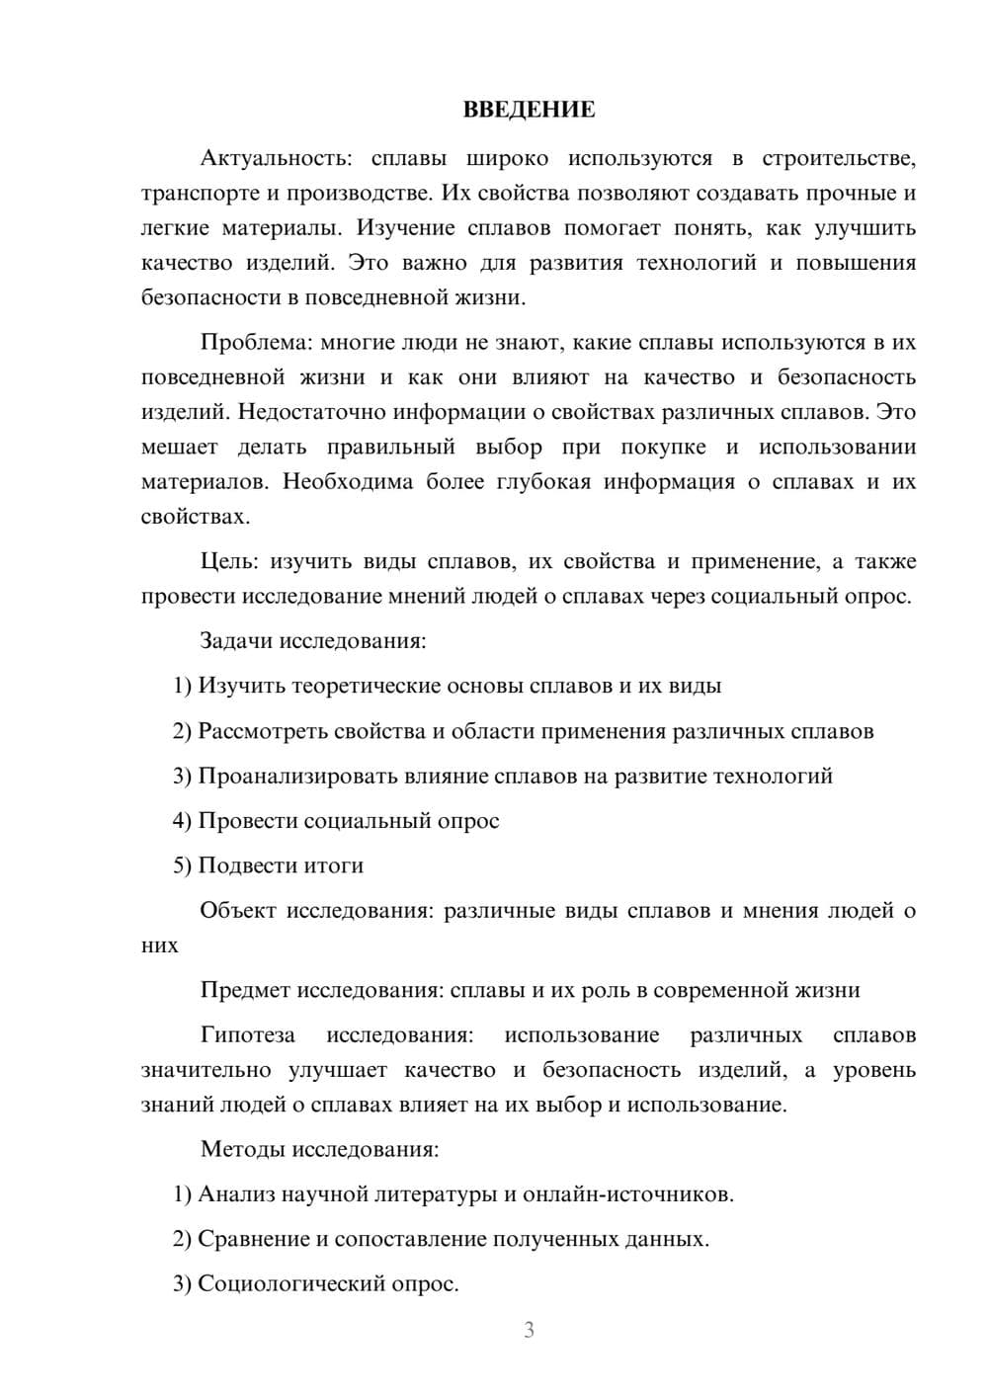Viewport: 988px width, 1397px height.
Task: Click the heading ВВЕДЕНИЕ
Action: pyautogui.click(x=529, y=110)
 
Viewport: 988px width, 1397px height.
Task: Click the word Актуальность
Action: pyautogui.click(x=265, y=158)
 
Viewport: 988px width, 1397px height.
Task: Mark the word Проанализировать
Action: pyautogui.click(x=298, y=777)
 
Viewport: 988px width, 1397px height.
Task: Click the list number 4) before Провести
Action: pyautogui.click(x=182, y=821)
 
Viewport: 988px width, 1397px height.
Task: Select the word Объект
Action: pyautogui.click(x=238, y=911)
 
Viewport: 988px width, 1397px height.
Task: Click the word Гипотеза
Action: pyautogui.click(x=247, y=1035)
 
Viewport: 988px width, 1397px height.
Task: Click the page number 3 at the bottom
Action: pyautogui.click(x=529, y=1330)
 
